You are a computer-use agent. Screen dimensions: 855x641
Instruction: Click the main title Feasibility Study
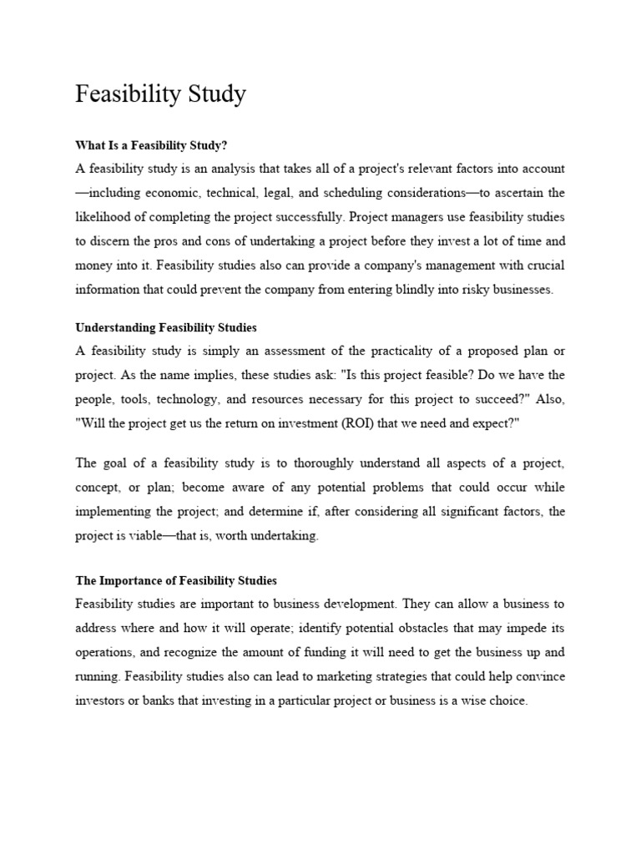click(160, 94)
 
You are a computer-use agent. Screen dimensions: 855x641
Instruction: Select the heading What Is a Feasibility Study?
click(151, 145)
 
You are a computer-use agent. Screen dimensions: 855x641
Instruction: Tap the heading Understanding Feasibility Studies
click(166, 327)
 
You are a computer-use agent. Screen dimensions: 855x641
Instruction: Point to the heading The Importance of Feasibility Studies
click(176, 580)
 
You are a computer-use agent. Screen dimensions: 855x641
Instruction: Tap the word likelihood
click(103, 217)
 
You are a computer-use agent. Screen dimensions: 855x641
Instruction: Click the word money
click(92, 266)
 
